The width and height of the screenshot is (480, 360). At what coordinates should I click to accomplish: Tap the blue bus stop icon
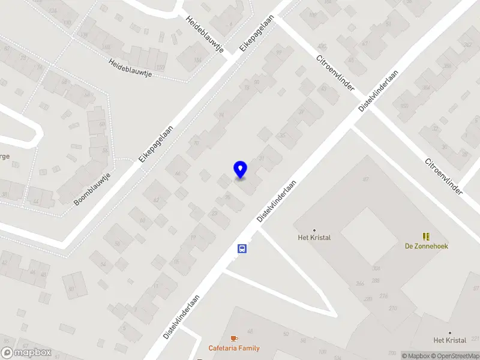(242, 249)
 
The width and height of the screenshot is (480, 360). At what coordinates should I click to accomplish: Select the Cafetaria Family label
(234, 348)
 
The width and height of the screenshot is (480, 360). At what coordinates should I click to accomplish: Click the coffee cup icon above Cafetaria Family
(234, 339)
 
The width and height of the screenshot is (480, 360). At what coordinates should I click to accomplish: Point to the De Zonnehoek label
(427, 246)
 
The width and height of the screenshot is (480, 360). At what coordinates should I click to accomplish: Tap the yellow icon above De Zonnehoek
(427, 236)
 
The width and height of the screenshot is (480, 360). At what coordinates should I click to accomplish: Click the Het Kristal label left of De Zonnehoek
(314, 237)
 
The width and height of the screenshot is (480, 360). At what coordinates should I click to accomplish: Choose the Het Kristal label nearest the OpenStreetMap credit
(450, 340)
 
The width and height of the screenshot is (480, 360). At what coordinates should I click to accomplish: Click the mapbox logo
(26, 353)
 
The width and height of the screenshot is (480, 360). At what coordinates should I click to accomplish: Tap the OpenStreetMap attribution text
(455, 356)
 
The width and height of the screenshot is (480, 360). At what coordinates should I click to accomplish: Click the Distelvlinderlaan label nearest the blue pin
(277, 202)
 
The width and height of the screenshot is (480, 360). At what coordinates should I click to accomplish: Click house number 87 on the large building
(365, 179)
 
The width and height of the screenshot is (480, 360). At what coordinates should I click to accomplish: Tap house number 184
(198, 61)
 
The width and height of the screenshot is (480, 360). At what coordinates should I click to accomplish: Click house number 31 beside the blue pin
(262, 158)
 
